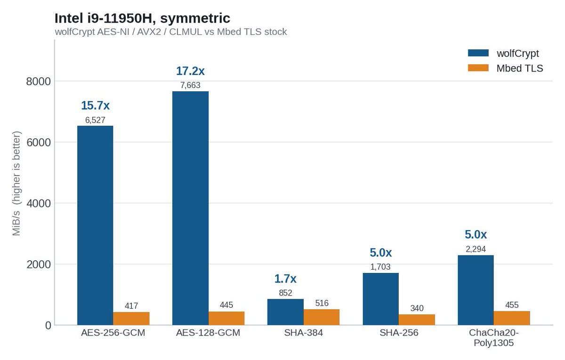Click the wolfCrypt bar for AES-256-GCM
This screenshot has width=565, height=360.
95,225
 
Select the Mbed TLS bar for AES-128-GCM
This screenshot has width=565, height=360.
226,319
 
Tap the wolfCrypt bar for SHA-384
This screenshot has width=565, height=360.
285,312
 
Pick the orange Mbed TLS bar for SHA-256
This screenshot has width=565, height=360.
417,320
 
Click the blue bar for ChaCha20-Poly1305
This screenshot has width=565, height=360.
476,290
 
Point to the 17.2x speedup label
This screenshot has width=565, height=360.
190,71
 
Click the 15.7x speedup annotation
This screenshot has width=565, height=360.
95,105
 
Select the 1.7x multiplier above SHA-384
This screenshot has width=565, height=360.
285,279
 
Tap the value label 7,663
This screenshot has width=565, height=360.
190,85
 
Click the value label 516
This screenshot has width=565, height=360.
322,303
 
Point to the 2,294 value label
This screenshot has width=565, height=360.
476,249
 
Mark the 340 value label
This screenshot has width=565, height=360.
417,308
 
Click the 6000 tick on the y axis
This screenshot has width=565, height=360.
39,143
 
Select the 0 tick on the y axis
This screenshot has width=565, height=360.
48,326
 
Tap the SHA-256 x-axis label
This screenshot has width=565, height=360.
399,333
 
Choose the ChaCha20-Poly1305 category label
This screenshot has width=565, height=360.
493,337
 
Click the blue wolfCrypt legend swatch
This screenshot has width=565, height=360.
478,53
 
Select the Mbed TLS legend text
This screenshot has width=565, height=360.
520,68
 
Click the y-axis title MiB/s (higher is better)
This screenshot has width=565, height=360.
16,184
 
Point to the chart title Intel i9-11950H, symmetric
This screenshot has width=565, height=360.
142,18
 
